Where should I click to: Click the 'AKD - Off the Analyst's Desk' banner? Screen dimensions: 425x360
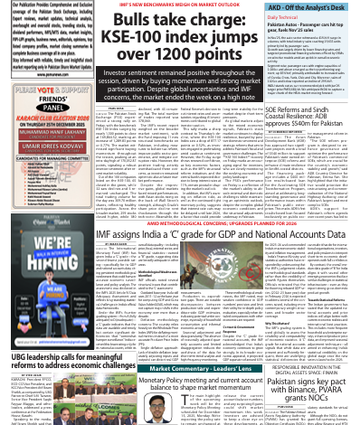pyautogui.click(x=314, y=6)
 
